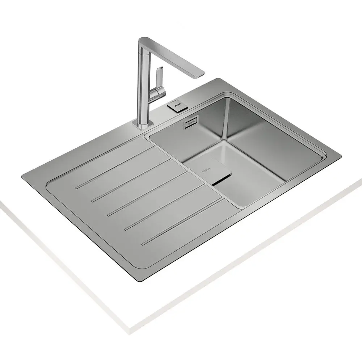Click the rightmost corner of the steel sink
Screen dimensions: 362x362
pyautogui.click(x=340, y=156)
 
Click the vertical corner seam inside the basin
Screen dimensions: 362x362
pyautogui.click(x=227, y=119)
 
